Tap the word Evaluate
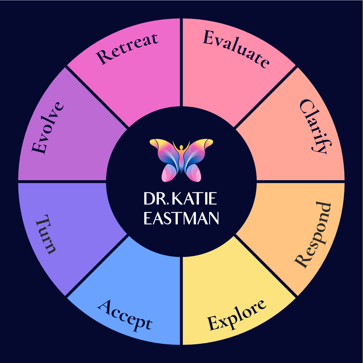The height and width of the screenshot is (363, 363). point(236,49)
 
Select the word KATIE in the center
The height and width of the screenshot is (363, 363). point(194,199)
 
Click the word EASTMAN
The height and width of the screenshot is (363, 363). point(181,218)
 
